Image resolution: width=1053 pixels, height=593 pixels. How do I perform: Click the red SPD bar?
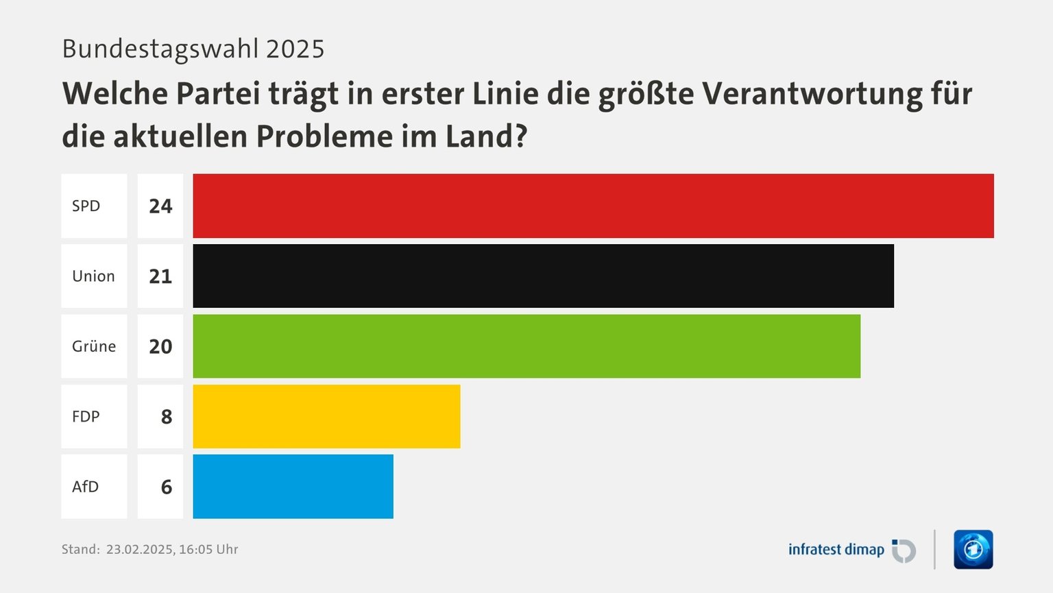[x=593, y=206]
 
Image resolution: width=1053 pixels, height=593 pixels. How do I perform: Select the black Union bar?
[x=543, y=276]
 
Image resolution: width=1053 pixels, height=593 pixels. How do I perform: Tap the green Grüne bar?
[x=526, y=346]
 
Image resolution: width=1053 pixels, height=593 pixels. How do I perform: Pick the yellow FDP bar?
[x=326, y=417]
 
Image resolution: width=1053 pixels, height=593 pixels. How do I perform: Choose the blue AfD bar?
[x=293, y=487]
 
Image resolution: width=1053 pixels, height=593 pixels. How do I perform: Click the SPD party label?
[x=86, y=206]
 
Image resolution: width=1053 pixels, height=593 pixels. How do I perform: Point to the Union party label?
[x=94, y=276]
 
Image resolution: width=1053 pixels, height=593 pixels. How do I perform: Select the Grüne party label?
[x=94, y=346]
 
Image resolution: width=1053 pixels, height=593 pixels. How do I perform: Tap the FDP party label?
[x=86, y=417]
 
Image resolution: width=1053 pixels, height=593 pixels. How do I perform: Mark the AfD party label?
[x=86, y=487]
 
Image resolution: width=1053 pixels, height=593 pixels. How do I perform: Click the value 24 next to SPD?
[x=160, y=206]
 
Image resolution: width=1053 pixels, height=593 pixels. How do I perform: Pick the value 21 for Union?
[x=160, y=276]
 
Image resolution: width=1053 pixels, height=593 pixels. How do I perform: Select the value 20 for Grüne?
[x=160, y=347]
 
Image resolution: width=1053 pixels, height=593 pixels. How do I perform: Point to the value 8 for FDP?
[x=167, y=417]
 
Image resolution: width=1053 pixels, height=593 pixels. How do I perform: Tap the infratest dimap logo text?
[x=836, y=550]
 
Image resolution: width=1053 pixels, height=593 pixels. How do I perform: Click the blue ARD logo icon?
[x=973, y=550]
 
